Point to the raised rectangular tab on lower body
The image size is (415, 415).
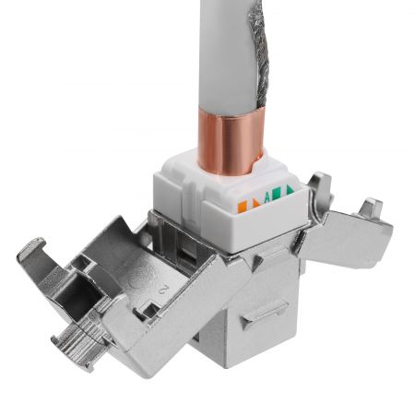pos(262,317)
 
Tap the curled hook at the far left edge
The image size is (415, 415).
pos(30,254)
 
